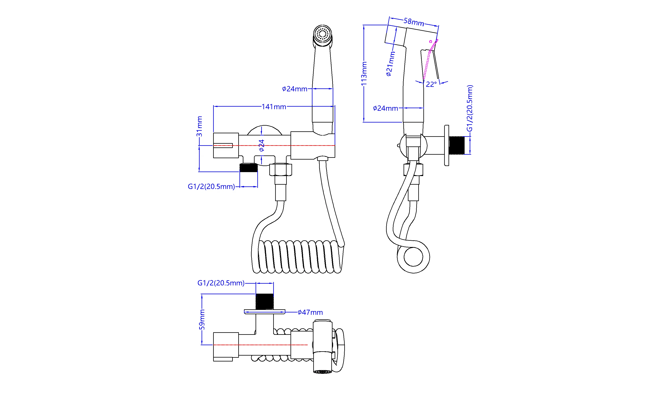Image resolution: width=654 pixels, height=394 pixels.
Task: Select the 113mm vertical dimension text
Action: [x=364, y=74]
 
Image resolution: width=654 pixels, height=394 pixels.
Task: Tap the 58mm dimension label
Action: [x=414, y=22]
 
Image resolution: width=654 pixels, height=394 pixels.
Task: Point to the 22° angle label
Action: [x=431, y=84]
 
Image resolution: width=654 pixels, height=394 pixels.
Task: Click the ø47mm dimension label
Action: [x=310, y=313]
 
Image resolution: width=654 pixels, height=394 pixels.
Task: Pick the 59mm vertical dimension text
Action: [x=202, y=320]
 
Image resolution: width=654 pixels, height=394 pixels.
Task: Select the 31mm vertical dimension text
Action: [x=199, y=126]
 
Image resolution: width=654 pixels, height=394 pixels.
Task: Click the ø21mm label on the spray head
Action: [x=390, y=64]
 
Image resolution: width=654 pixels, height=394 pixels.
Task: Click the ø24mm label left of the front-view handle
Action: [x=294, y=89]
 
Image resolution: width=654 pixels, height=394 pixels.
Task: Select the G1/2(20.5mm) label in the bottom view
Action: [x=221, y=283]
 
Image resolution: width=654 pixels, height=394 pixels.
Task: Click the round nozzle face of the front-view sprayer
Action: [x=322, y=34]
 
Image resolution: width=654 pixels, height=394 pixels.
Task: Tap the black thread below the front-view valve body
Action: [x=248, y=168]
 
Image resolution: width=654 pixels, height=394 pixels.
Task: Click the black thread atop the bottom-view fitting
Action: [x=265, y=301]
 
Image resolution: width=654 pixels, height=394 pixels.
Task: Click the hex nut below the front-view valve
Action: [x=280, y=170]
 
